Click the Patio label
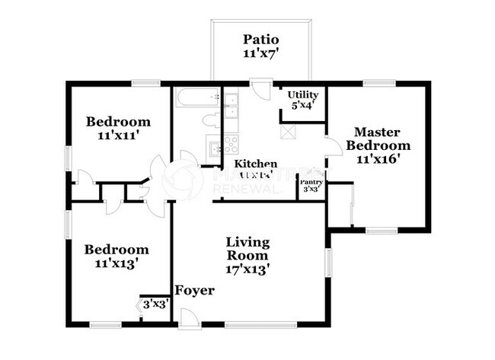tap(261, 39)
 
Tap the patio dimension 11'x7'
tap(261, 53)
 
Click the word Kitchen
tap(255, 164)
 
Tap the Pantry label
tap(311, 182)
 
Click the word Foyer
tap(194, 291)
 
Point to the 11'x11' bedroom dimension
tap(117, 135)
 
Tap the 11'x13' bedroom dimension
tap(116, 263)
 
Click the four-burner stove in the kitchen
tap(230, 145)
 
